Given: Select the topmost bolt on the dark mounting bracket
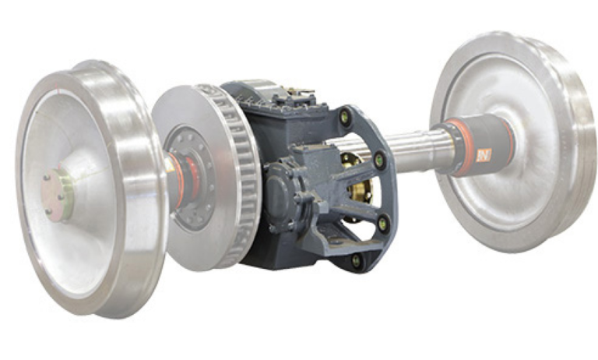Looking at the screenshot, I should click(x=345, y=118).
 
